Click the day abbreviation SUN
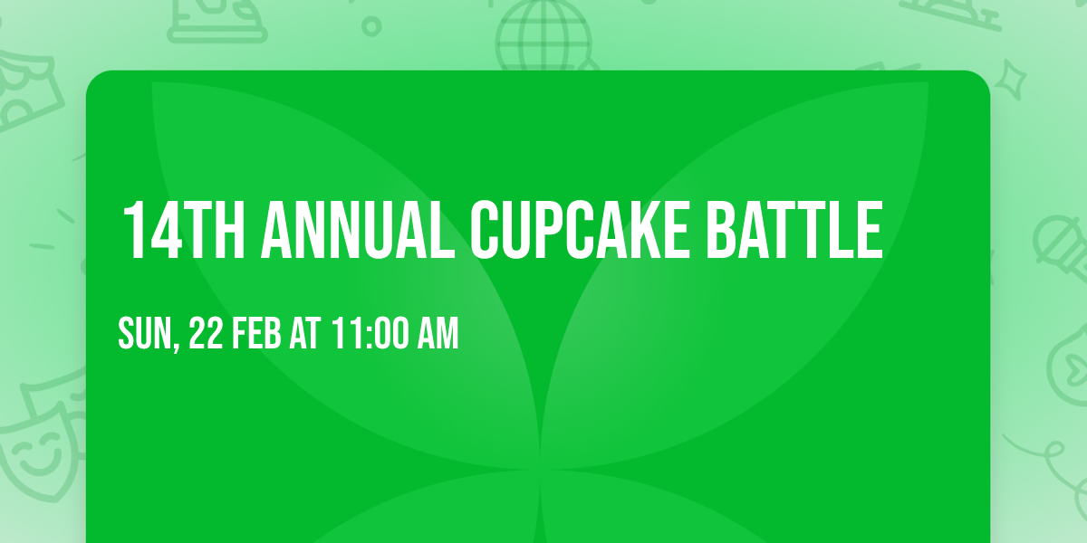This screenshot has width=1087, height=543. (x=142, y=334)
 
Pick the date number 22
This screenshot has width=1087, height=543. (x=207, y=334)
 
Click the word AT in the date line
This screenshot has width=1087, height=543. (x=305, y=334)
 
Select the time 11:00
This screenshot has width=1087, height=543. (x=367, y=334)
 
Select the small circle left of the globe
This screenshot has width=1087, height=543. (x=370, y=26)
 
